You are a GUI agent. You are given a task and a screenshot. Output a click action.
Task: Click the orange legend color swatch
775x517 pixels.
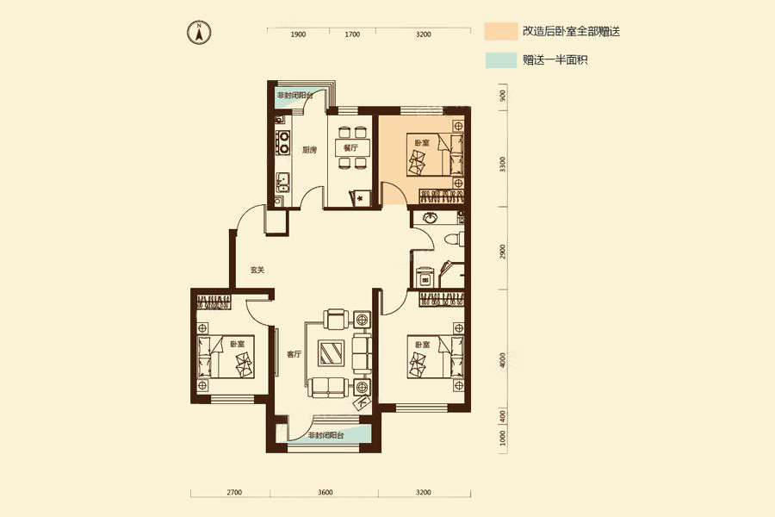499,32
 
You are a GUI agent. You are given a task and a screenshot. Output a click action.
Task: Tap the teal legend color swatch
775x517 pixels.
499,60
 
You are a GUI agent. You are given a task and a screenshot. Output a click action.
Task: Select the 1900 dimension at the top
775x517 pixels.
298,34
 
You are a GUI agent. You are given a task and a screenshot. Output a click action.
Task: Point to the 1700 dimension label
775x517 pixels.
352,34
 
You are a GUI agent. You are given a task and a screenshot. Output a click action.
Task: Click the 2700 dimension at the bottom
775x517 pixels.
234,492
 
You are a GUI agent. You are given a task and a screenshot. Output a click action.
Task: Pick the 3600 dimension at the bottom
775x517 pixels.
325,492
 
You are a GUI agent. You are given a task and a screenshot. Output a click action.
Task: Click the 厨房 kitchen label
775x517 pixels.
310,148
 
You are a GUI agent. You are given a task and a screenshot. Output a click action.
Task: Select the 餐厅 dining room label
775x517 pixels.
350,148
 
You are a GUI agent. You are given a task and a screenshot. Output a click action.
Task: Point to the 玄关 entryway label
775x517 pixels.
257,270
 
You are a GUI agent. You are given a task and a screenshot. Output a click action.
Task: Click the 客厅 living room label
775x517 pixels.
294,353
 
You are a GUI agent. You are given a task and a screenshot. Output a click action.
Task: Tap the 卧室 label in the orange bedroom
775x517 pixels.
422,142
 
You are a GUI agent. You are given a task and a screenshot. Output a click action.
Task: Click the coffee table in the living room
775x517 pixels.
332,353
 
